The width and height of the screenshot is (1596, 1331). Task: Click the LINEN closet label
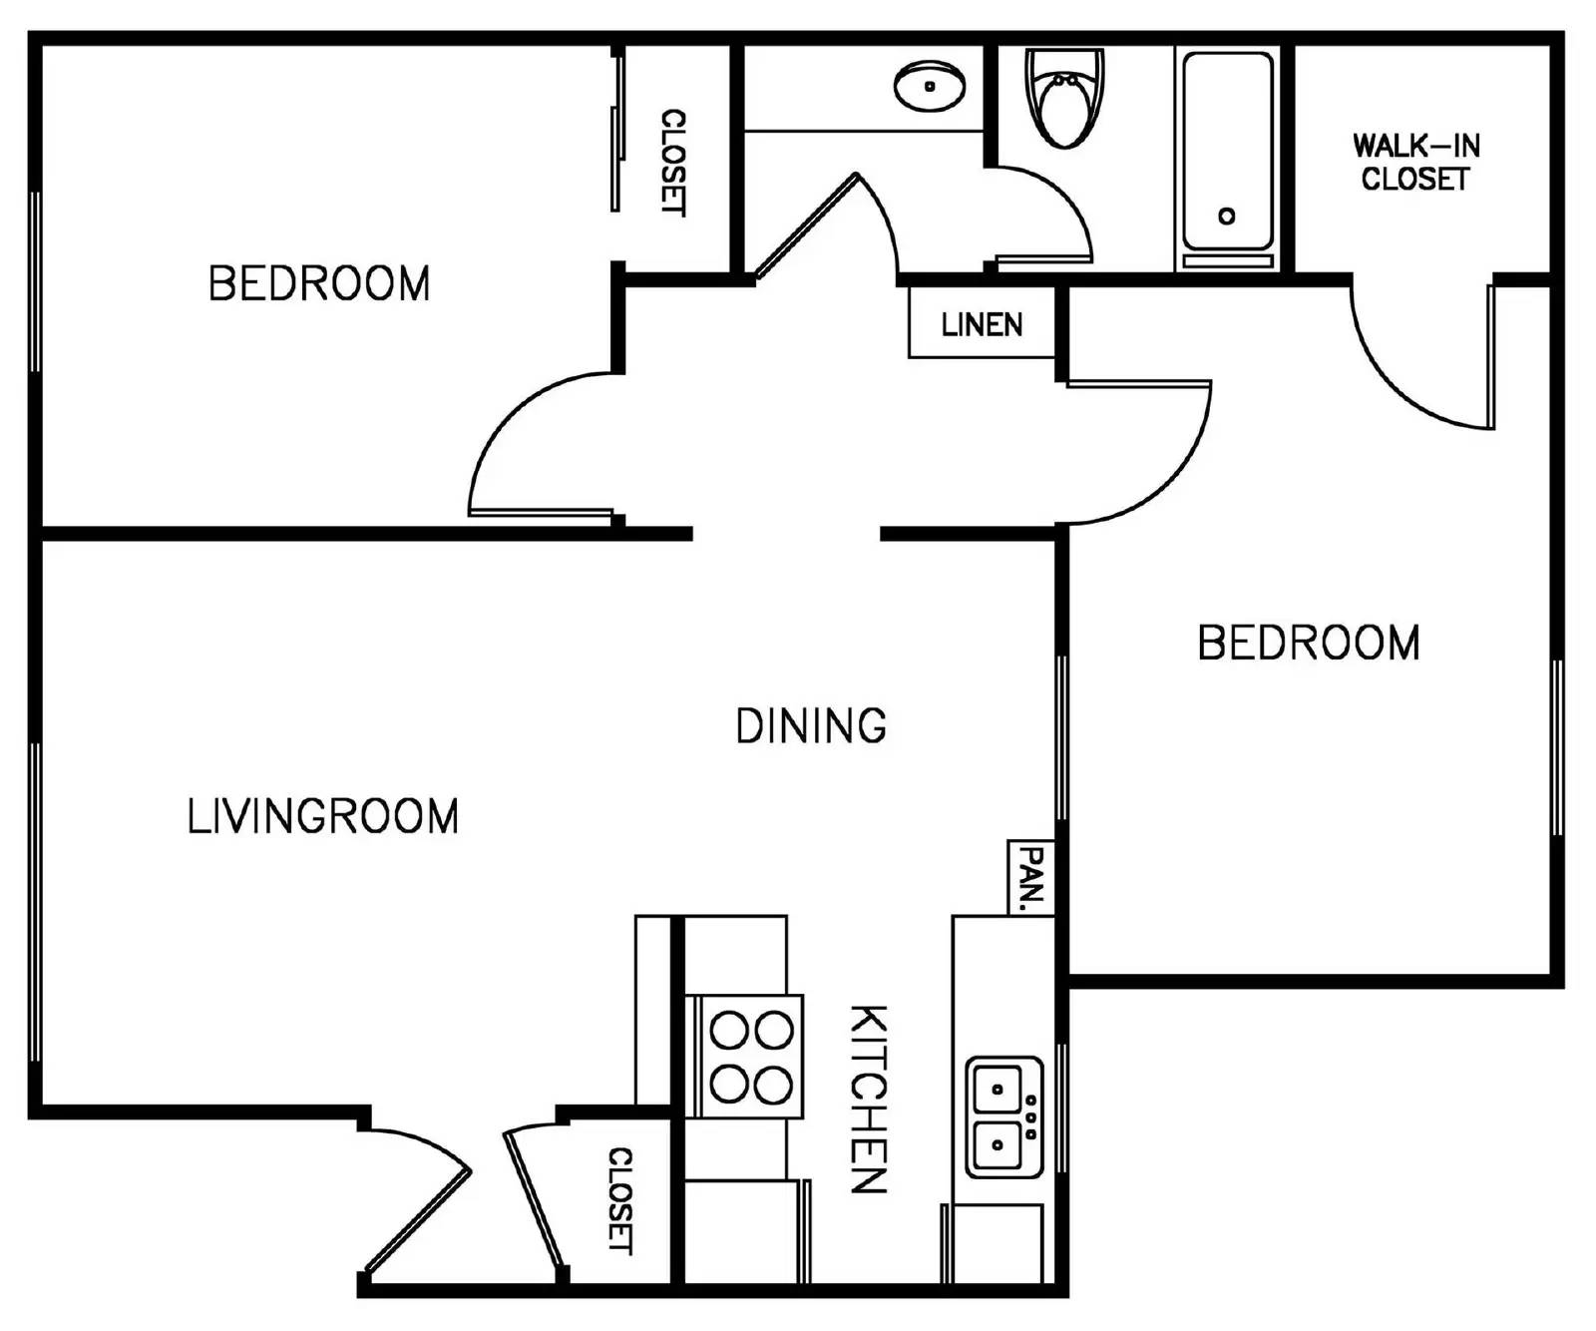pyautogui.click(x=982, y=324)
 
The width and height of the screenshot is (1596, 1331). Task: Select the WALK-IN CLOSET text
pyautogui.click(x=1415, y=163)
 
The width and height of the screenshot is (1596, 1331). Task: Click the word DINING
pyautogui.click(x=810, y=726)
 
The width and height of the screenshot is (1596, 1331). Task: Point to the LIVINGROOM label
pyautogui.click(x=323, y=816)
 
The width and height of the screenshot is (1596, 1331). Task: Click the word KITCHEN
pyautogui.click(x=868, y=1099)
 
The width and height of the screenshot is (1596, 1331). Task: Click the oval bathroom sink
pyautogui.click(x=930, y=86)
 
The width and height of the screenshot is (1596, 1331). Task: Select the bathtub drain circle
pyautogui.click(x=1227, y=216)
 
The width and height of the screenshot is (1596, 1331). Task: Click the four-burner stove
pyautogui.click(x=751, y=1057)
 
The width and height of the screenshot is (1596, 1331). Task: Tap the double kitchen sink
pyautogui.click(x=1003, y=1116)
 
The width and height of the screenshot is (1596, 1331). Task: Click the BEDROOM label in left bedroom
pyautogui.click(x=319, y=284)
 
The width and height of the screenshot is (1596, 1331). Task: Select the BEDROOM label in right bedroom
pyautogui.click(x=1308, y=643)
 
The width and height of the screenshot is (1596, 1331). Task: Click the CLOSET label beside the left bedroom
pyautogui.click(x=674, y=162)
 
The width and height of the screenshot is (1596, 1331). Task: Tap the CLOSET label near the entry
pyautogui.click(x=620, y=1200)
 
